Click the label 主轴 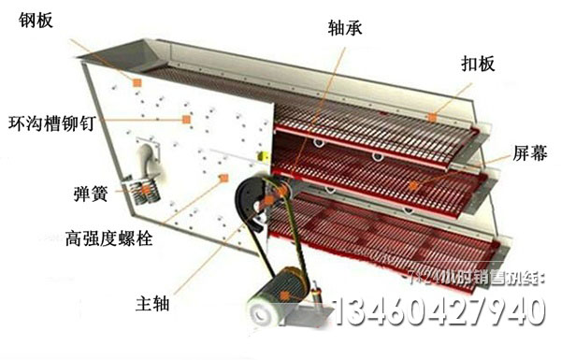(151, 303)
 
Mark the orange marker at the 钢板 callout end (137, 83)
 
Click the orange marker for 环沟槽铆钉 (186, 119)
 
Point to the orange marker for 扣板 (432, 116)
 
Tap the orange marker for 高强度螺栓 (223, 177)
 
